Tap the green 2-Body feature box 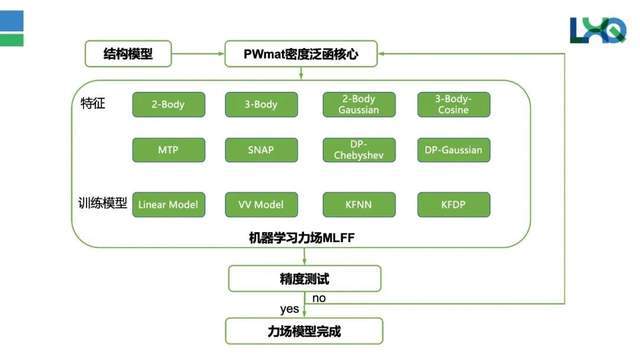168,104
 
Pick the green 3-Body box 261,104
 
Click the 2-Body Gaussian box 357,104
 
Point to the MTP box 168,150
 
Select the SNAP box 261,150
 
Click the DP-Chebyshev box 357,150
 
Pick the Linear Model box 168,205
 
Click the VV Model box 261,205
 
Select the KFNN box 357,205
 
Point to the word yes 289,308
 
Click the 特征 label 92,104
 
